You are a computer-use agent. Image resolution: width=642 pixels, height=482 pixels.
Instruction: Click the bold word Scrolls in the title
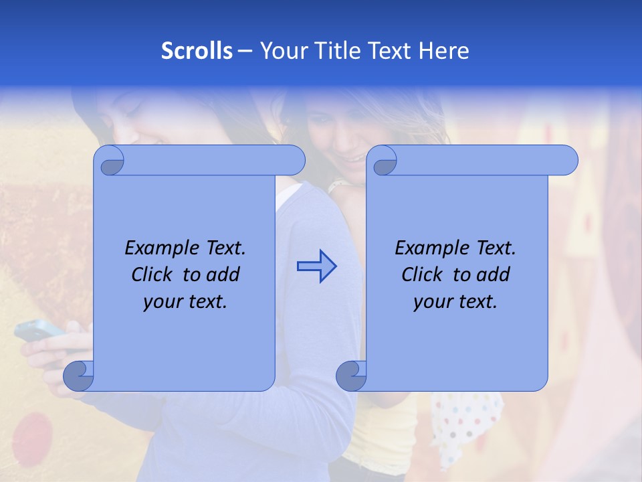pos(197,51)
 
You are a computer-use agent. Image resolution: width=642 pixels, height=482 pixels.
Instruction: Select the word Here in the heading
pos(444,51)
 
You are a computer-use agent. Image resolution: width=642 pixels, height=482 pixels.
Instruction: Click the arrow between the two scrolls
pos(316,266)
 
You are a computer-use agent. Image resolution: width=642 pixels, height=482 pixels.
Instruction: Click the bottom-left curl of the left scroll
pos(78,376)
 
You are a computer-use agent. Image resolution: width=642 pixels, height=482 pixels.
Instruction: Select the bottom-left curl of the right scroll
pos(351,376)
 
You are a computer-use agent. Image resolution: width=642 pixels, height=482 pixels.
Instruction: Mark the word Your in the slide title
pos(282,51)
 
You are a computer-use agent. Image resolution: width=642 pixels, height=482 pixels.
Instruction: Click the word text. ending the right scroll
pos(477,302)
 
